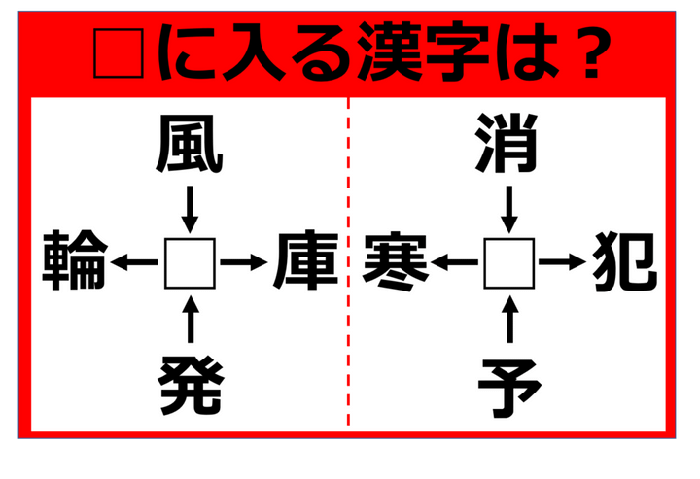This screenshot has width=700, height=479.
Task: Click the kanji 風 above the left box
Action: point(190,144)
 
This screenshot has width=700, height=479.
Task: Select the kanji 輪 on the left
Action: point(75,260)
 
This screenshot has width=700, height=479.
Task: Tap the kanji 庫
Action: point(306,260)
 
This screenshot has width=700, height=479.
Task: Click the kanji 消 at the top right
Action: point(507,143)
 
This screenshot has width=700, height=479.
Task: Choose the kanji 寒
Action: point(397,261)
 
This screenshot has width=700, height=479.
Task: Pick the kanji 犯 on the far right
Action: point(625,261)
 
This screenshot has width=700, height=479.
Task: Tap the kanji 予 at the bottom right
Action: point(509,388)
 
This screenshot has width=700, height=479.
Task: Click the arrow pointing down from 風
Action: point(190,210)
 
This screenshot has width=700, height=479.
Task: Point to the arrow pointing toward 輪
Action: point(134,262)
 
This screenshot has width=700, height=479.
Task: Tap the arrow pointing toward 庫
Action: point(244,262)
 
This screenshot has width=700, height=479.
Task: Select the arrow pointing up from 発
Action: point(191,319)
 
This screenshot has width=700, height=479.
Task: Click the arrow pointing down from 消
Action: point(509,210)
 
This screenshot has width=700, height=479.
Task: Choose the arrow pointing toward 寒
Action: point(454,262)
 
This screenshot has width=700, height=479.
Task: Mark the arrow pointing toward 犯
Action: point(563,262)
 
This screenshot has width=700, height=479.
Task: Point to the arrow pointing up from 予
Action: point(510,319)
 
